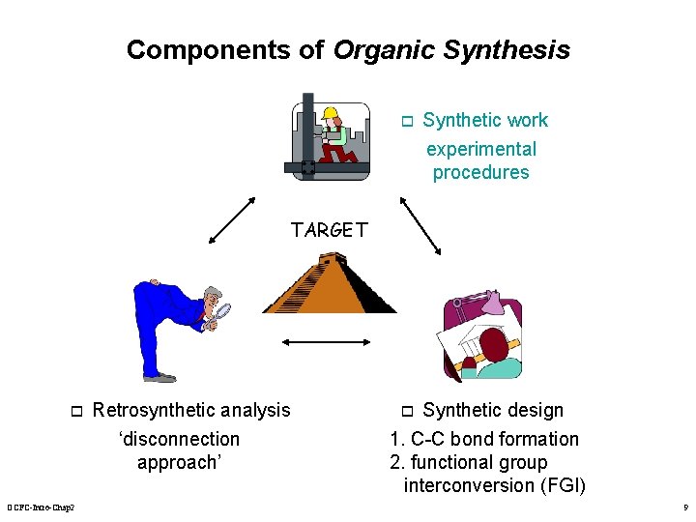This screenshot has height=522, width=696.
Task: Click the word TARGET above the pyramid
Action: click(x=330, y=230)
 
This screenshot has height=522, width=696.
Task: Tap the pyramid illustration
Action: click(x=329, y=285)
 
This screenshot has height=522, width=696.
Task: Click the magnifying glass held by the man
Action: click(x=221, y=310)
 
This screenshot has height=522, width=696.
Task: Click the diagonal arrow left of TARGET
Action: click(x=232, y=222)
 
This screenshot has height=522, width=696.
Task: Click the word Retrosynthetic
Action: click(x=152, y=410)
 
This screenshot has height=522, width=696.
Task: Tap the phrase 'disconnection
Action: click(x=179, y=439)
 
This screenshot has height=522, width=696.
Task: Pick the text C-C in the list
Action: click(x=430, y=439)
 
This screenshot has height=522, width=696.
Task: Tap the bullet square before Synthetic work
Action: click(x=407, y=122)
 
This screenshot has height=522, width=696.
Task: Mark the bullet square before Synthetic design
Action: click(x=407, y=411)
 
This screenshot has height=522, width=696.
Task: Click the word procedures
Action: click(x=480, y=173)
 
